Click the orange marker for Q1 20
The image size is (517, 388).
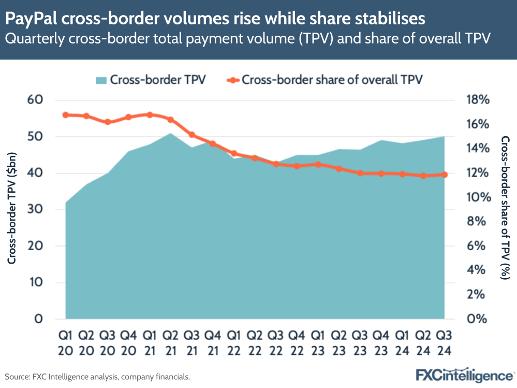click(x=65, y=115)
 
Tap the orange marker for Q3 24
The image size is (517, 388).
click(x=445, y=175)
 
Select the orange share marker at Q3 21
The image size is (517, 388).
click(x=191, y=135)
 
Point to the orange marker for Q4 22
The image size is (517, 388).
click(x=297, y=166)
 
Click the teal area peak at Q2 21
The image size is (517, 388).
click(x=171, y=134)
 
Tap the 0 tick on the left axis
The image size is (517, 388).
click(x=38, y=319)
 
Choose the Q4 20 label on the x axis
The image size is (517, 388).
click(x=129, y=343)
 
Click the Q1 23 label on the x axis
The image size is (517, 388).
click(x=318, y=343)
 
